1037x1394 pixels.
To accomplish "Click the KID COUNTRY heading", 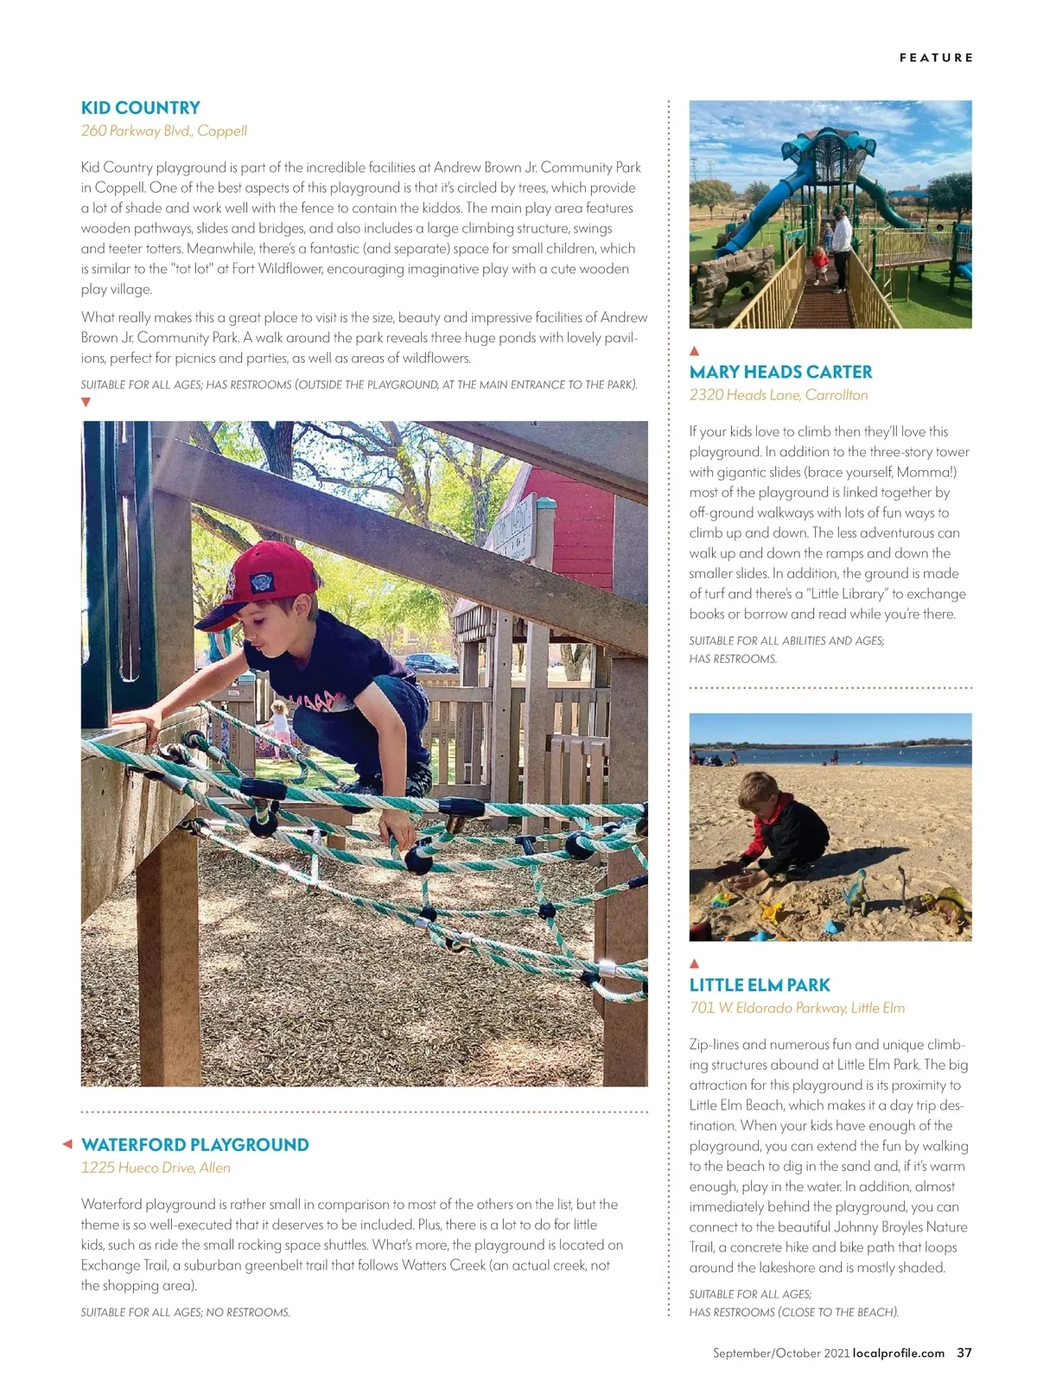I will click(140, 108).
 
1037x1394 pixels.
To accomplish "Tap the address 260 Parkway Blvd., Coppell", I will click(163, 131).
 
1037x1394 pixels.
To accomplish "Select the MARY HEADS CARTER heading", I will click(780, 372).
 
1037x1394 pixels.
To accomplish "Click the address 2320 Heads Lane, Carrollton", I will click(778, 395).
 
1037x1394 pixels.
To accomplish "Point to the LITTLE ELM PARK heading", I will click(759, 985).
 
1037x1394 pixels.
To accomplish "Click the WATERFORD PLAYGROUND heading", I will click(194, 1145).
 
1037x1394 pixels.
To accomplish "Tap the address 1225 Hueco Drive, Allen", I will click(156, 1168).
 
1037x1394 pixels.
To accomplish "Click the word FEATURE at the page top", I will click(936, 58).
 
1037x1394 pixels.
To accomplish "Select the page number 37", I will click(964, 1353).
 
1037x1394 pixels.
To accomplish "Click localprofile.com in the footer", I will click(899, 1353).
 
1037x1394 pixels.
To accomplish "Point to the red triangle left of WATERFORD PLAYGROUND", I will click(67, 1145).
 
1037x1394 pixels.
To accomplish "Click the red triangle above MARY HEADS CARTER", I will click(694, 351).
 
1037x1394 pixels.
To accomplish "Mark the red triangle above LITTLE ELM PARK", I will click(694, 964).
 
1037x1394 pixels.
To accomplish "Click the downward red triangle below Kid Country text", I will click(86, 403).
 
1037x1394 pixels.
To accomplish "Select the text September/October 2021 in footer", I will click(781, 1353).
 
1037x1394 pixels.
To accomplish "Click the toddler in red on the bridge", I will click(819, 261).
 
